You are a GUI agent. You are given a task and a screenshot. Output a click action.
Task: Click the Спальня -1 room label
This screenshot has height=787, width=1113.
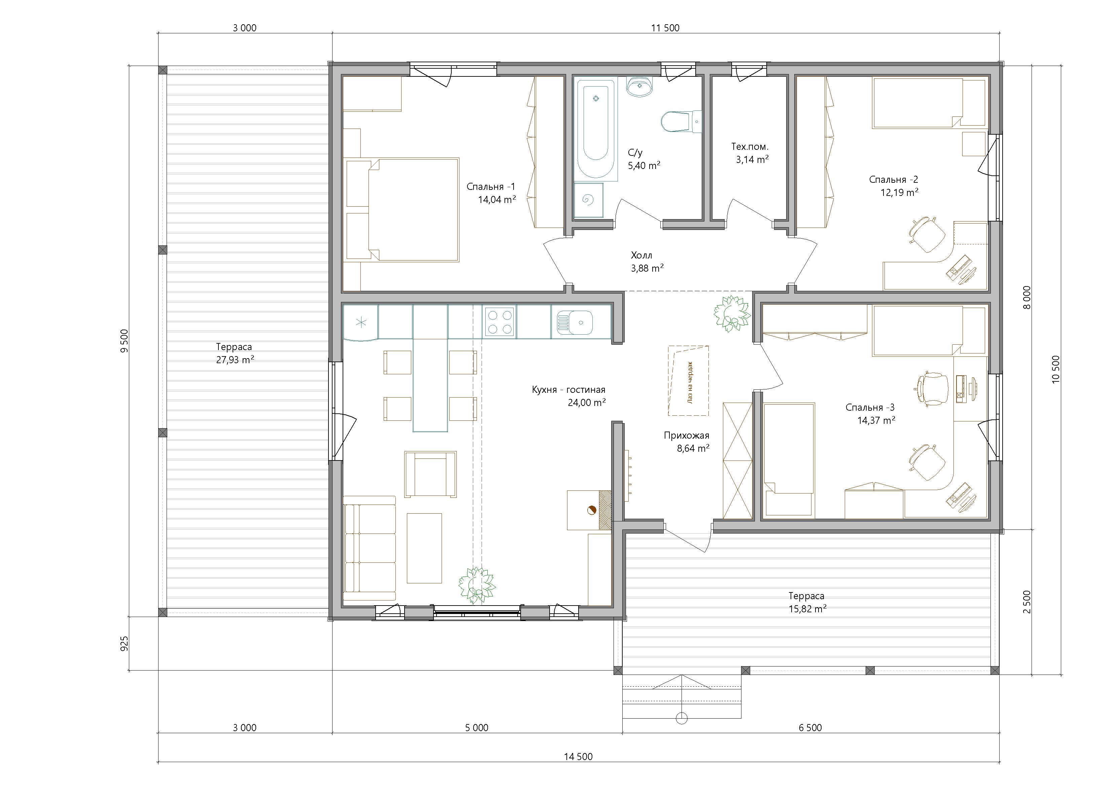pyautogui.click(x=491, y=187)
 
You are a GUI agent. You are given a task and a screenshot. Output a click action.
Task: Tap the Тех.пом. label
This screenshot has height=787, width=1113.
pyautogui.click(x=750, y=146)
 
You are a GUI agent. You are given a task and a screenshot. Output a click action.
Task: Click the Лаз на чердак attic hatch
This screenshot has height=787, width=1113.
pyautogui.click(x=688, y=381)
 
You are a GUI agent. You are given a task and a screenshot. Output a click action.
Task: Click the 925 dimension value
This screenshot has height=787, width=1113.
pyautogui.click(x=124, y=644)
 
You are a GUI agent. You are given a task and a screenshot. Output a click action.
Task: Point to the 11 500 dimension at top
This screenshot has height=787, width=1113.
pyautogui.click(x=665, y=28)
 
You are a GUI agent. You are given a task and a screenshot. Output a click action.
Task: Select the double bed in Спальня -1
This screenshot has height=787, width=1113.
pyautogui.click(x=403, y=209)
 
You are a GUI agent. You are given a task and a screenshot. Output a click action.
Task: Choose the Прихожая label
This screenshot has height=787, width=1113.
pyautogui.click(x=687, y=436)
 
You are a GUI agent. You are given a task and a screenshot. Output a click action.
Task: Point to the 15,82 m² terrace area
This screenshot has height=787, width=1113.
pyautogui.click(x=807, y=609)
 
